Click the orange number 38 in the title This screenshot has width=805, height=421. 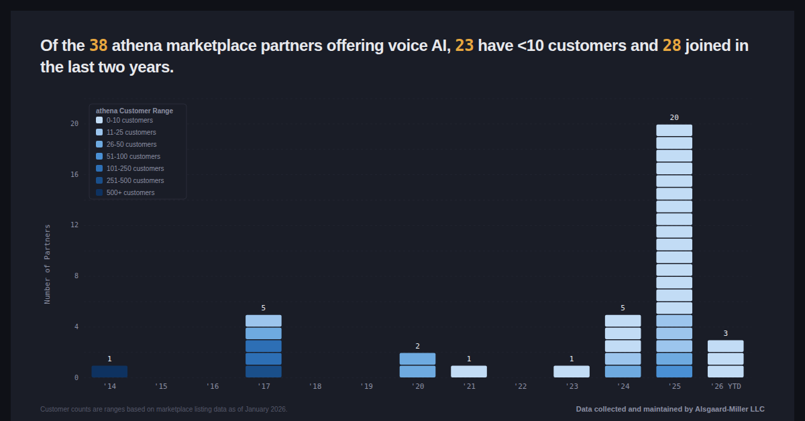tap(98, 46)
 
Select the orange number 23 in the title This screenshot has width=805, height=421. tap(464, 46)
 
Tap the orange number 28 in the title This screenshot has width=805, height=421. tap(672, 46)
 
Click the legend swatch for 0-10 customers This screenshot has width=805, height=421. tap(99, 121)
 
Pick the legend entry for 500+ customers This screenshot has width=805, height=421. tap(130, 193)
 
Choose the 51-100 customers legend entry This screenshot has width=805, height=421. tap(133, 157)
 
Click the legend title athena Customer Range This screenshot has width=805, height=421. tap(134, 111)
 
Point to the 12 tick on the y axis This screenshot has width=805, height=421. tap(74, 225)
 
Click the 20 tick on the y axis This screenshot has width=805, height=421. tap(74, 123)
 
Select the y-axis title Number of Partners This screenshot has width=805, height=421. tap(48, 264)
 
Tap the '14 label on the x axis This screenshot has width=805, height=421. tap(109, 387)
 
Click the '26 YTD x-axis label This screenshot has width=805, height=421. tap(726, 387)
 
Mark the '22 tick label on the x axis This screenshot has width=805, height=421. tap(521, 387)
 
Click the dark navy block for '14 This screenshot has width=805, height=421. tap(109, 371)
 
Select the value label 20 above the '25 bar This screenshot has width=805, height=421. tap(674, 118)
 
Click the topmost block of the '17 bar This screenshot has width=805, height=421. tap(264, 320)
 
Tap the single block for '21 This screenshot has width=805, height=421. tap(469, 371)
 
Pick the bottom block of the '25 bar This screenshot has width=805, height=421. tap(674, 371)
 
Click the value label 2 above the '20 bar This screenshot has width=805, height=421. tap(417, 347)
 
